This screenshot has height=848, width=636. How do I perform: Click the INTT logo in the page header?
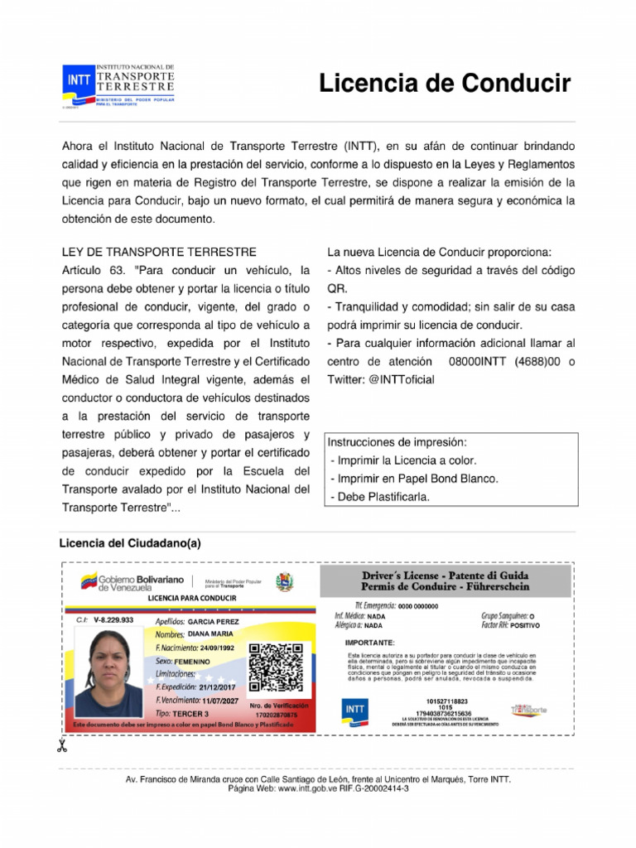[x=78, y=80]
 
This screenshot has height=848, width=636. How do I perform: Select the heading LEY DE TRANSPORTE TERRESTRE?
[x=159, y=252]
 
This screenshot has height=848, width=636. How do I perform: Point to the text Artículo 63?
[x=93, y=271]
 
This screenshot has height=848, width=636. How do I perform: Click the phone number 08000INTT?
[x=476, y=361]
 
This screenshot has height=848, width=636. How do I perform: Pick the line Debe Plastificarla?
[x=380, y=496]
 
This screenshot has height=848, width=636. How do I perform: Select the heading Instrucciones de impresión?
[x=397, y=441]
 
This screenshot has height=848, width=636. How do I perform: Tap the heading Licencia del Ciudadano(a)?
[x=130, y=543]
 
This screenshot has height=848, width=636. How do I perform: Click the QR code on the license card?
[x=271, y=667]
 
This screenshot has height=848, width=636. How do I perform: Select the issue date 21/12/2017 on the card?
[x=217, y=687]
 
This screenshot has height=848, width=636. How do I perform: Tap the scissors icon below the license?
[x=61, y=746]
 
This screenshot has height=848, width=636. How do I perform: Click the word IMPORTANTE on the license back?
[x=369, y=642]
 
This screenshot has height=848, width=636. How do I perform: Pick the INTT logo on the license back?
[x=354, y=711]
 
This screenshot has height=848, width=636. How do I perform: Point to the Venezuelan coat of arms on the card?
[x=285, y=581]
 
